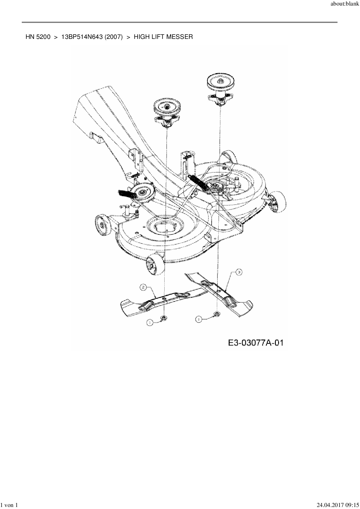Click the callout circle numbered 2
(x=143, y=287)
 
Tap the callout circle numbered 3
(x=238, y=272)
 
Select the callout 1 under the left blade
(x=150, y=322)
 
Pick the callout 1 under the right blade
(x=199, y=319)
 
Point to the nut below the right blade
(x=217, y=314)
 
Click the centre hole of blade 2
(x=164, y=298)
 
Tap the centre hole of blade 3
(x=218, y=289)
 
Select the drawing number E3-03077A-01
(x=255, y=343)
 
